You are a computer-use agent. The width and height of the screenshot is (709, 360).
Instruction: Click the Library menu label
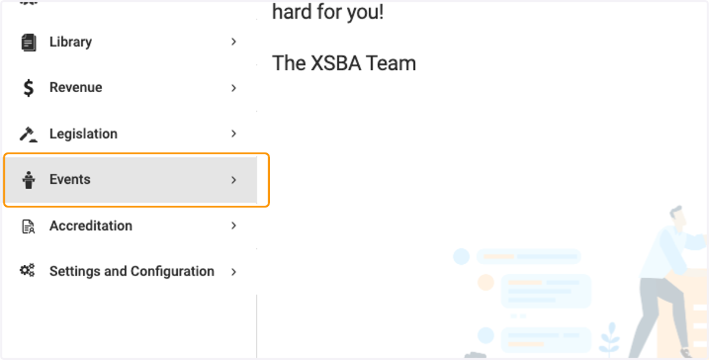[x=70, y=42]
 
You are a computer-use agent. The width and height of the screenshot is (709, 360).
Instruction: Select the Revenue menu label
[x=76, y=87]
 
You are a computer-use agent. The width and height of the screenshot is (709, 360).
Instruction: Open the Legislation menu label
[x=83, y=134]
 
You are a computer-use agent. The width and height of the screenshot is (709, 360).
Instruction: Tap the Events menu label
[x=70, y=180]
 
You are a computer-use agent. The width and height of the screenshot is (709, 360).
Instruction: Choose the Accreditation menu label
[x=91, y=226]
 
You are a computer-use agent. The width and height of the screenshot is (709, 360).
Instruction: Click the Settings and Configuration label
[x=132, y=272]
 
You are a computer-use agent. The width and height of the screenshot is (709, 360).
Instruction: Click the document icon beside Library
[x=28, y=43]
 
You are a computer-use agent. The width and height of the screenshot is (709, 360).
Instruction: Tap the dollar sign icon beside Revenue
[x=28, y=88]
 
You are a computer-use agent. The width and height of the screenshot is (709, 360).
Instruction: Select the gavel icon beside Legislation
[x=28, y=134]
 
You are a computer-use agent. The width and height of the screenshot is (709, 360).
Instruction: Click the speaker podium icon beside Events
[x=28, y=180]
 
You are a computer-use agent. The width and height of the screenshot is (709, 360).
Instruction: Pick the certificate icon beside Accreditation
[x=28, y=226]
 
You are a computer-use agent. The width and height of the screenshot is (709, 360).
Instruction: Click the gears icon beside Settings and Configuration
[x=28, y=270]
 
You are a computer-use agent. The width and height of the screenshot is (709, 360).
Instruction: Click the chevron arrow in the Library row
[x=233, y=42]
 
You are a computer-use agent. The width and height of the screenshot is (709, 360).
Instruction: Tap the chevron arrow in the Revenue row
[x=233, y=88]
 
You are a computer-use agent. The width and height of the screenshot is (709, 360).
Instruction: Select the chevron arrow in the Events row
[x=233, y=180]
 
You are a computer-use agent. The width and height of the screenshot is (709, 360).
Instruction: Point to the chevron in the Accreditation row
[x=233, y=226]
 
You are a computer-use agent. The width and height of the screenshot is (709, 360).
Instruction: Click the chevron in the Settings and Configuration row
[x=233, y=272]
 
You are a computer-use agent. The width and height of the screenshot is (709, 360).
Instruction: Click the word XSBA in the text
[x=336, y=63]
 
